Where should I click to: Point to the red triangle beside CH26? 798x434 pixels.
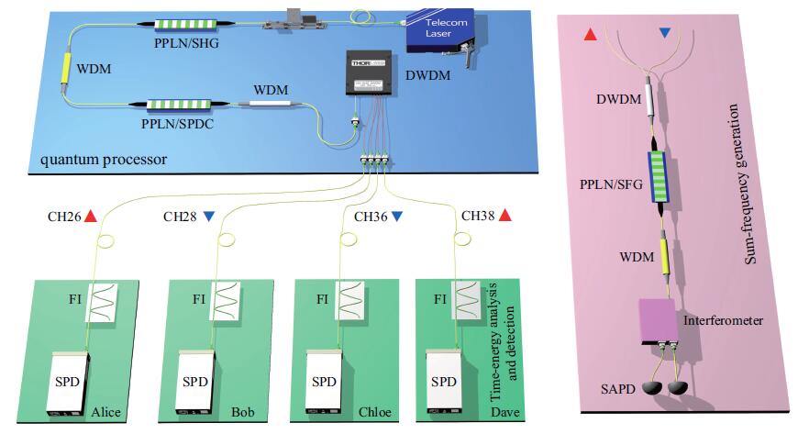[x=90, y=217]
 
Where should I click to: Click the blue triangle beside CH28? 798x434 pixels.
[x=209, y=217]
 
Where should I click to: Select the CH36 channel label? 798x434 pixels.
[x=371, y=217]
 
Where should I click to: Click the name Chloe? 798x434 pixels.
[x=373, y=412]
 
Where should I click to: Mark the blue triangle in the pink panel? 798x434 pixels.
[x=665, y=34]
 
